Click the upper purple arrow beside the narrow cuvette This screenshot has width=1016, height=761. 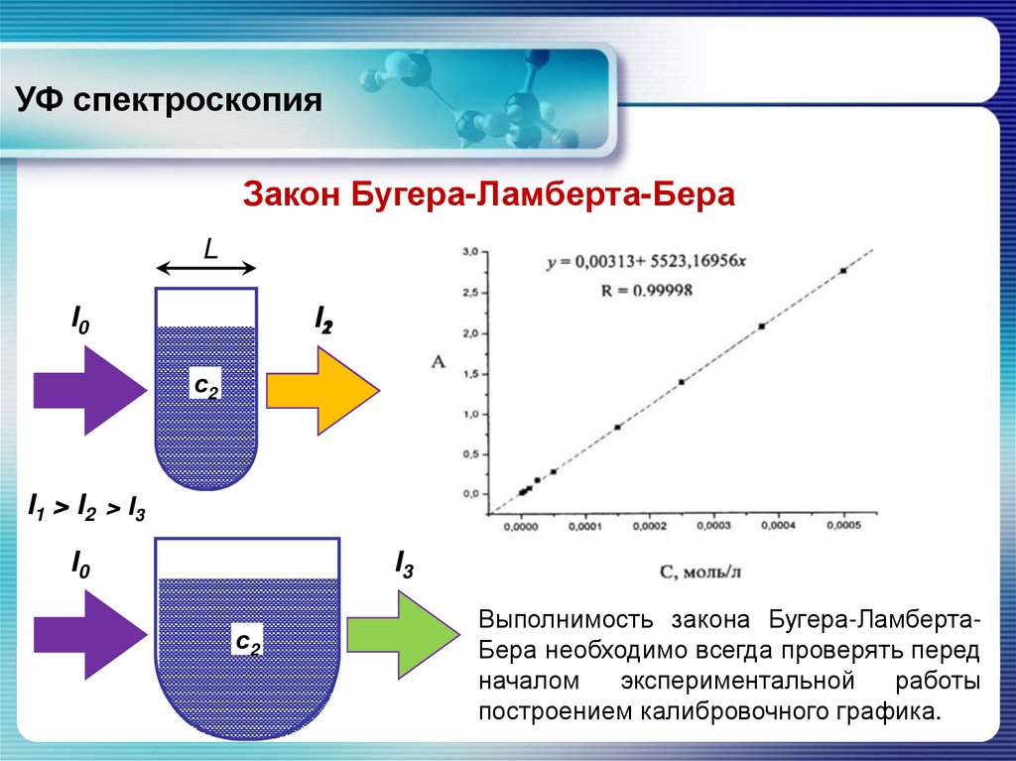[89, 390]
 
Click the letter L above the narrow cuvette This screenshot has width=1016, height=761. [210, 249]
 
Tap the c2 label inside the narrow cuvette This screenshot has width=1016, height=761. [206, 387]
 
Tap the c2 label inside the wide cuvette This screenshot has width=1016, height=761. [247, 642]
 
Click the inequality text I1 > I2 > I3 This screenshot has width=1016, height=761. [87, 510]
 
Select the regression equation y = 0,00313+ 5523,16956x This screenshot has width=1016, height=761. [645, 263]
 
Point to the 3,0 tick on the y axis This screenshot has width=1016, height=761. [470, 253]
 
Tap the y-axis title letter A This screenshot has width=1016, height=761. [438, 363]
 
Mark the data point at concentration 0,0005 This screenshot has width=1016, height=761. [843, 270]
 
